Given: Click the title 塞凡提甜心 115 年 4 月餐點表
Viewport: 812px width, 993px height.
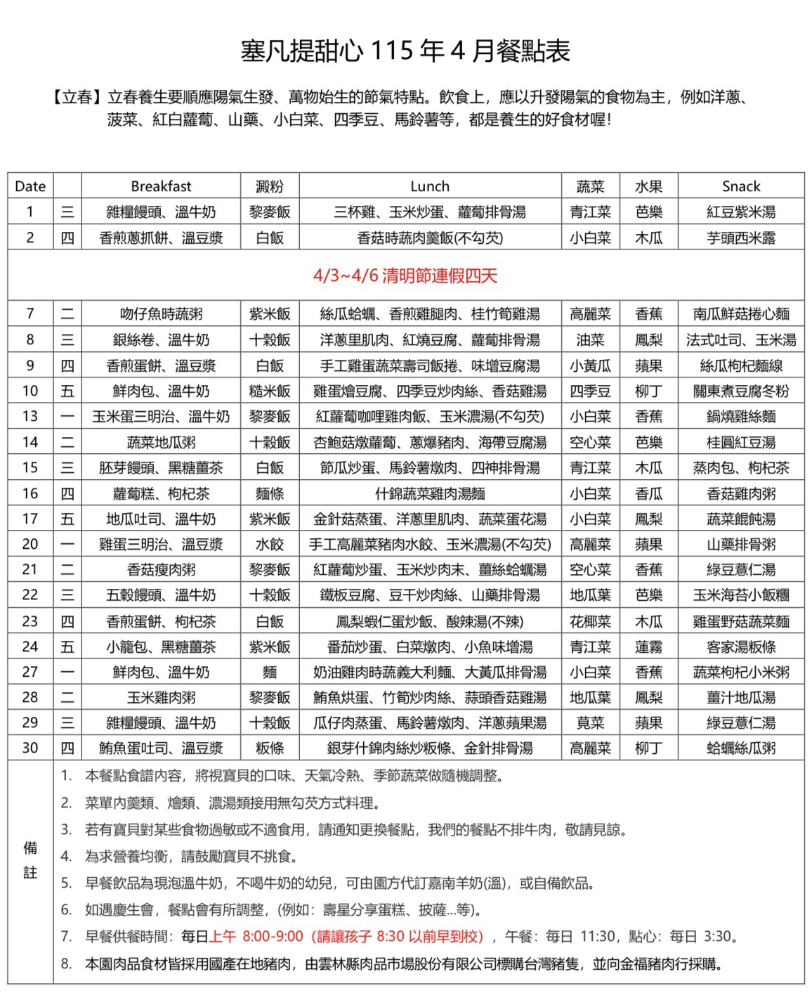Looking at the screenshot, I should pos(405,51).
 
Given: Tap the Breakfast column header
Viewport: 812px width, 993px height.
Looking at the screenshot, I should pos(161,186).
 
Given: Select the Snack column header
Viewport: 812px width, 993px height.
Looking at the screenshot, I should pos(741,186).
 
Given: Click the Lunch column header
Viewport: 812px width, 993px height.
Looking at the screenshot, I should pos(430,186).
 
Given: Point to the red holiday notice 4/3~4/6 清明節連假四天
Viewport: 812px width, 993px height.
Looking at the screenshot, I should pos(405,275).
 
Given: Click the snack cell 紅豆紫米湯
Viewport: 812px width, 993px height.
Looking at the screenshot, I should pos(741,212).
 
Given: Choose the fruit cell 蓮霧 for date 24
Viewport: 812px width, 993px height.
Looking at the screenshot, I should pos(648,647).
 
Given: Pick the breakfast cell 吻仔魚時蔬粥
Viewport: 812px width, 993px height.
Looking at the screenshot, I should pos(161,314).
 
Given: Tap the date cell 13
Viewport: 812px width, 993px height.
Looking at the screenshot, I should pos(30,416).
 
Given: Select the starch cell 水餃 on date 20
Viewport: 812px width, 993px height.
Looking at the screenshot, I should pos(270,545).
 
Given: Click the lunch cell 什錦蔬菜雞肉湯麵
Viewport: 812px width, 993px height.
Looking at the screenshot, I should pos(430,494).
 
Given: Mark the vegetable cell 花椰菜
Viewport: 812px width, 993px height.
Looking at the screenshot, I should pos(590,622).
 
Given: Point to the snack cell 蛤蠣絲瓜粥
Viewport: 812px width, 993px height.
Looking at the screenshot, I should pos(741,748).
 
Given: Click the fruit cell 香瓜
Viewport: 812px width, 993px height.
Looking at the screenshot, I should pos(648,494).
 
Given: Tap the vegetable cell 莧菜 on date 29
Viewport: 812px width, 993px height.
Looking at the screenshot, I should pos(590,723).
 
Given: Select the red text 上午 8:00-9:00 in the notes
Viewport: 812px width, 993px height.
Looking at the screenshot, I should pos(256,937).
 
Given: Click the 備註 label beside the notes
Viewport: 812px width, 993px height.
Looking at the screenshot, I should pos(30,860).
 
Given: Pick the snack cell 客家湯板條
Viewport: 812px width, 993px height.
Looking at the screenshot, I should pos(741,647).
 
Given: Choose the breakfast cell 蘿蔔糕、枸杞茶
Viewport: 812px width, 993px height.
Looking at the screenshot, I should pos(161,494).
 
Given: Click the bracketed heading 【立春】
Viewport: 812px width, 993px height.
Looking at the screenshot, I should pos(77,97).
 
